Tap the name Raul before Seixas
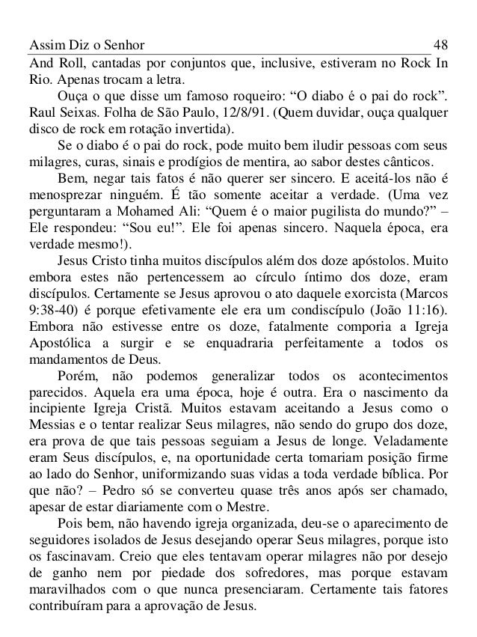click(x=40, y=112)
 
